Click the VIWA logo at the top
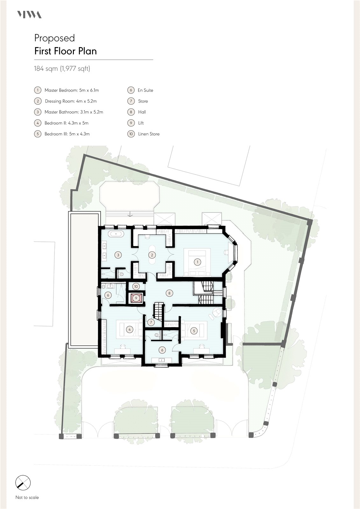coord(29,15)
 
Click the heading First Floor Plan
coord(66,51)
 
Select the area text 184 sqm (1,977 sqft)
coord(62,68)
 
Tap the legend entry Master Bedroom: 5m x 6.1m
coord(72,90)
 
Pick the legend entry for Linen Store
coord(149,134)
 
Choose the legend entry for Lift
coord(141,123)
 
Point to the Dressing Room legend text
coord(71,101)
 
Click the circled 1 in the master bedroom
coord(197,262)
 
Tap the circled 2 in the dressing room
coord(152,255)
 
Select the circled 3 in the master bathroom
coord(118,255)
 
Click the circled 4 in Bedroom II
coord(130,329)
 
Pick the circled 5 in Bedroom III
coord(194,331)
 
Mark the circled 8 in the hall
coord(169,293)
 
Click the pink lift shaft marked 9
coord(136,298)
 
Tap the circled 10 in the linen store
coord(136,286)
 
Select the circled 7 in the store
coord(151,322)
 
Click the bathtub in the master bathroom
coord(116,234)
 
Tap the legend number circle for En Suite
coord(131,90)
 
